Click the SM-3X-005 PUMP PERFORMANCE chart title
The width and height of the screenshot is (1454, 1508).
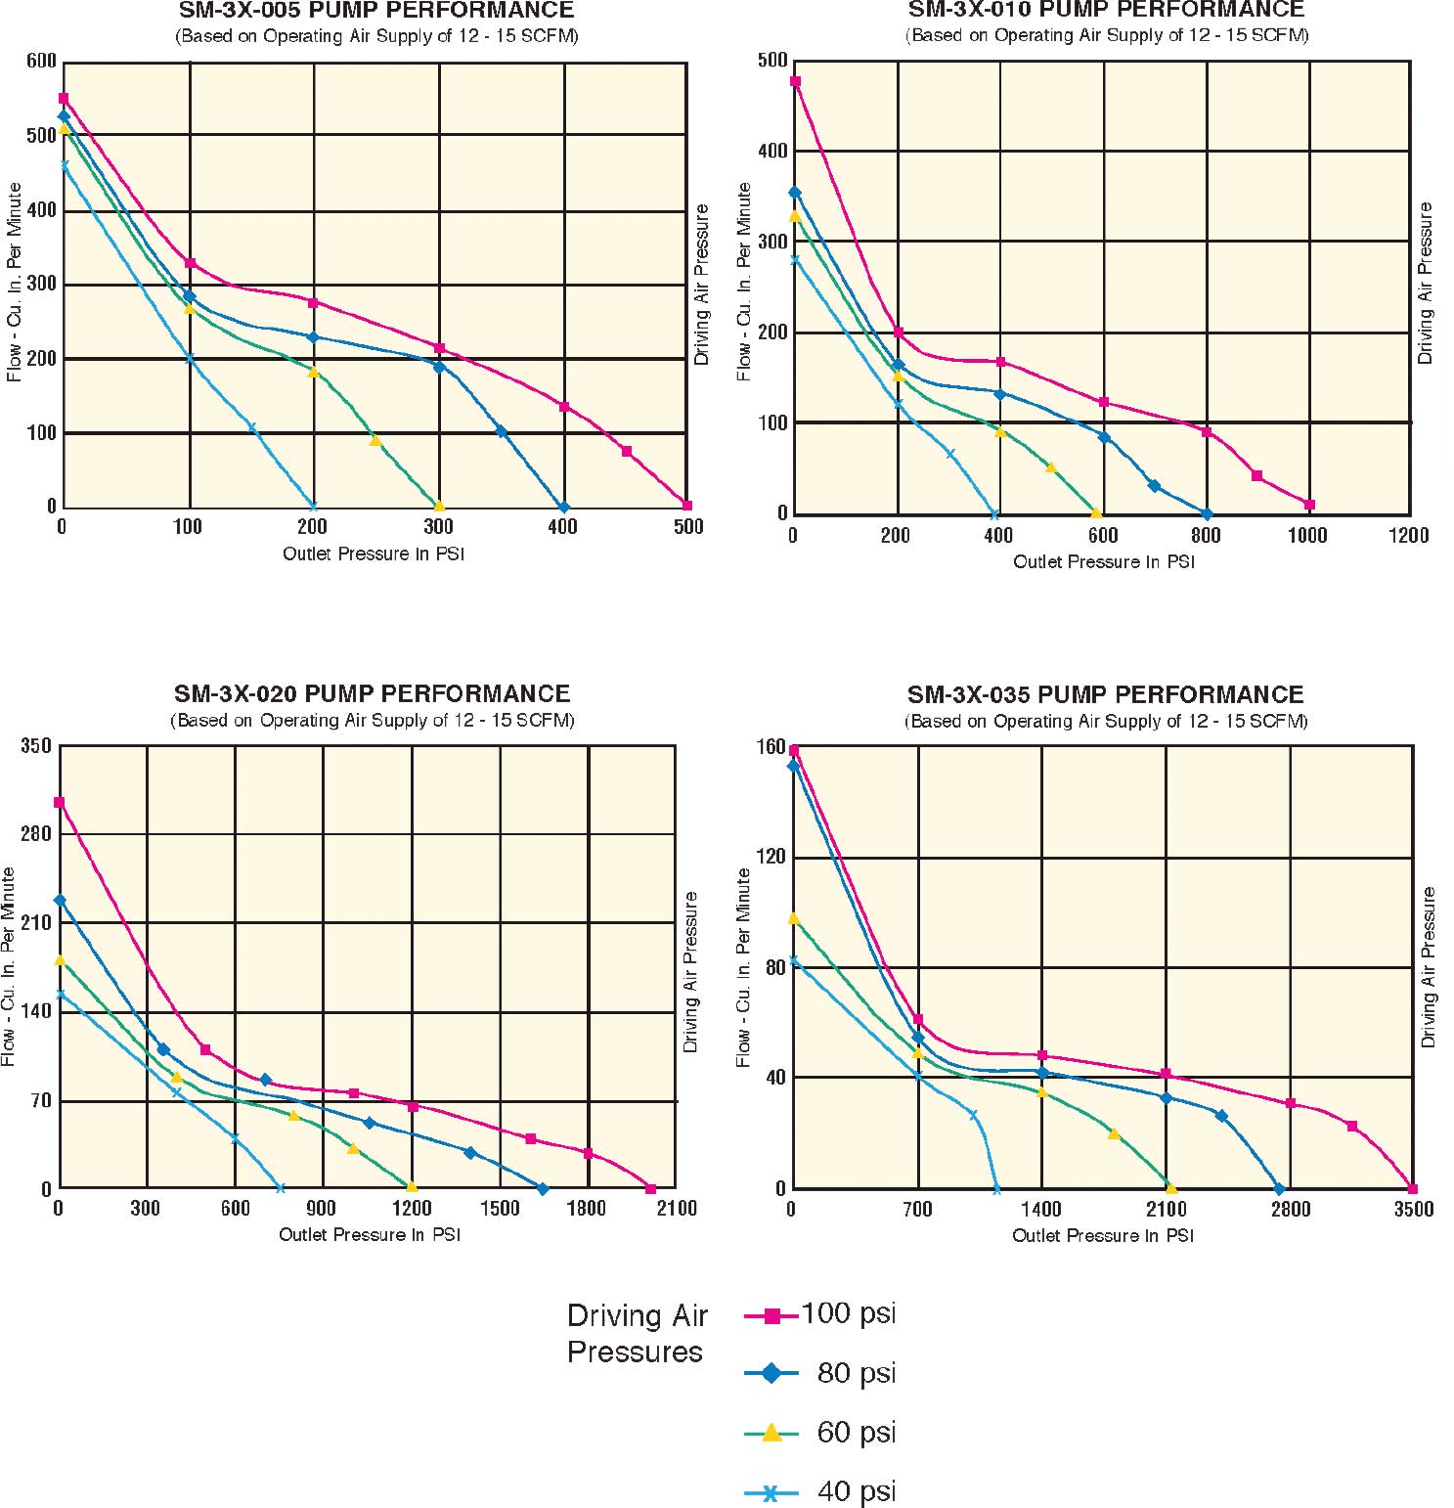(x=375, y=11)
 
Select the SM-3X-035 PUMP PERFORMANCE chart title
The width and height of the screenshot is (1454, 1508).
(x=1105, y=695)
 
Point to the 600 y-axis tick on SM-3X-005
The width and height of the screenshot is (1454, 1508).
(x=41, y=62)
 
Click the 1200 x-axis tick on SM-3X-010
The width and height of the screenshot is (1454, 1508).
(x=1408, y=535)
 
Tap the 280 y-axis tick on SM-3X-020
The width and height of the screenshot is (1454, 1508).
(x=36, y=834)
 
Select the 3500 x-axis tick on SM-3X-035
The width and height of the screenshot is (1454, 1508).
(x=1413, y=1210)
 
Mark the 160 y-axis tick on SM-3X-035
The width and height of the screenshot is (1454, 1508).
(x=771, y=747)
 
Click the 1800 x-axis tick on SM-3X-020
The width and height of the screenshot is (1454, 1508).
(x=587, y=1209)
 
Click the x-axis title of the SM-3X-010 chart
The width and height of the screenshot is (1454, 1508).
(x=1104, y=562)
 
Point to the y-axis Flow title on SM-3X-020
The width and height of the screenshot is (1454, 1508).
(x=9, y=966)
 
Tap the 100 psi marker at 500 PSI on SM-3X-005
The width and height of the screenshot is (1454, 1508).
(x=687, y=506)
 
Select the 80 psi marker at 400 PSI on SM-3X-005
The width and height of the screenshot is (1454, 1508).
(x=563, y=508)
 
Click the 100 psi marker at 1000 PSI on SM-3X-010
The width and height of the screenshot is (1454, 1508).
(x=1309, y=505)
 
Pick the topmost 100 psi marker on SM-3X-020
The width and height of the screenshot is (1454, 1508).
(x=60, y=803)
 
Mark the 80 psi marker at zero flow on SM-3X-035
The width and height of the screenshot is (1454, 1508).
(x=1279, y=1189)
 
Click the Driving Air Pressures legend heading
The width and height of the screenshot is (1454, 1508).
(x=637, y=1334)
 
